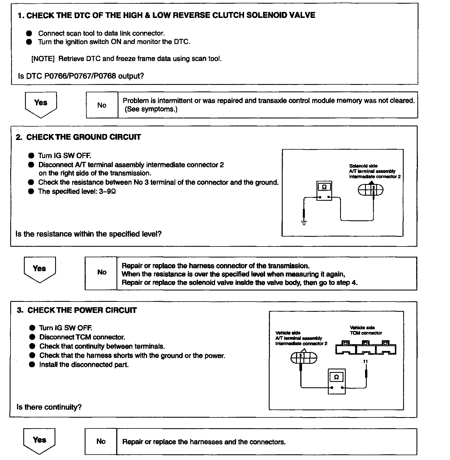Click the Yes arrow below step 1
pos(41,104)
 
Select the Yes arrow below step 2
pos(39,269)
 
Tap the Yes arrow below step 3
pos(39,440)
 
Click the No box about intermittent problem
pos(102,105)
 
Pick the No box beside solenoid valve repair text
pos(101,273)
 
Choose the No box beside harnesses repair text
pos(101,442)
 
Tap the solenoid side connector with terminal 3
pos(370,190)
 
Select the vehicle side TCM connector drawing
pos(366,348)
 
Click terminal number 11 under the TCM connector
pos(366,361)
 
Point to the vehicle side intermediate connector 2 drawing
pos(304,358)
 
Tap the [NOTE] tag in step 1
pos(43,59)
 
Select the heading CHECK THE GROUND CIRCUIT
pos(84,137)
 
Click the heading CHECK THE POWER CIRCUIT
pos(82,310)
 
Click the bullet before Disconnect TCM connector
pos(32,337)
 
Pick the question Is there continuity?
pos(49,407)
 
